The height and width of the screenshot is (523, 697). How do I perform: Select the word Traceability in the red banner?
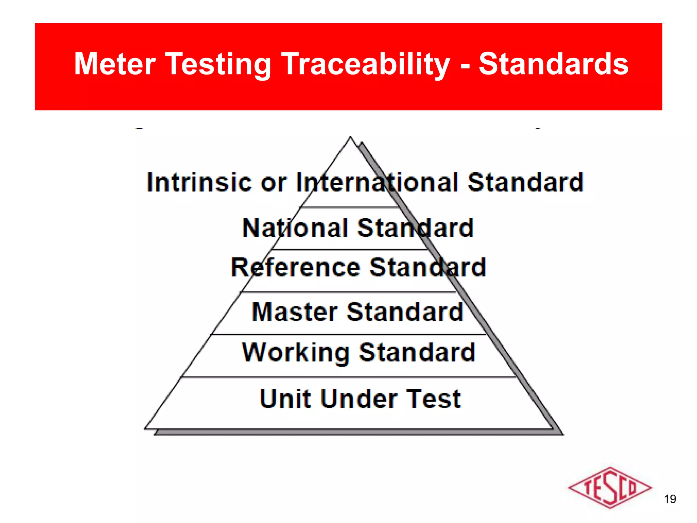[366, 65]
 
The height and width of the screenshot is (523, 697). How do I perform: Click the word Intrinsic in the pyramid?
[199, 183]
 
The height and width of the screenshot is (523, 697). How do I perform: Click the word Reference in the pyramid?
[295, 267]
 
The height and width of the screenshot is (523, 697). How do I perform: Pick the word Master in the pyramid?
[295, 312]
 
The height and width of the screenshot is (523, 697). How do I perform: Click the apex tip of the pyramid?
[350, 138]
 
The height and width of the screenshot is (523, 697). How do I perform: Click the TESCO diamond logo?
[610, 488]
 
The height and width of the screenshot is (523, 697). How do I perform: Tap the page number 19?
[670, 499]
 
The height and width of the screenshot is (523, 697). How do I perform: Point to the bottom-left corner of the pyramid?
[146, 428]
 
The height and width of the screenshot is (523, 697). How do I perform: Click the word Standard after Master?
[405, 312]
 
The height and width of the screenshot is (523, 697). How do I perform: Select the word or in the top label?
[274, 183]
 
